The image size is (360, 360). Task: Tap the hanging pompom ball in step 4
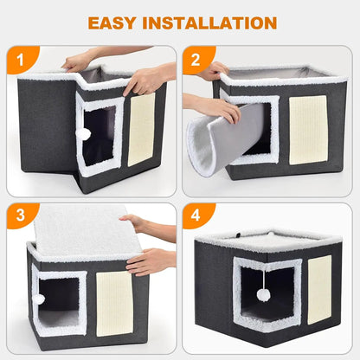pyautogui.click(x=263, y=294)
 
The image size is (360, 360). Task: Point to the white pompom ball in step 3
pyautogui.click(x=39, y=299)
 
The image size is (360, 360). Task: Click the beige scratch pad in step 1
pyautogui.click(x=141, y=129)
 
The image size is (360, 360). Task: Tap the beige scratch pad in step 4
pyautogui.click(x=319, y=289)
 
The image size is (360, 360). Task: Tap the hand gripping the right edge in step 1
pyautogui.click(x=146, y=80)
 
